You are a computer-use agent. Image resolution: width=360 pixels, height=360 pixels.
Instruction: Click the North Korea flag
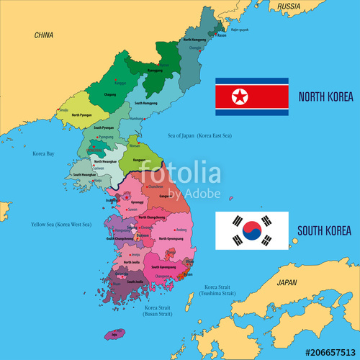252,96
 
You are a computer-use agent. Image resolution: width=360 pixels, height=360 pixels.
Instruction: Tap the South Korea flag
252,230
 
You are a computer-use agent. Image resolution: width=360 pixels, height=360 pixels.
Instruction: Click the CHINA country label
44,35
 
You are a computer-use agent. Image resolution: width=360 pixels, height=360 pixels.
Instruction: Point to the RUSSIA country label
288,6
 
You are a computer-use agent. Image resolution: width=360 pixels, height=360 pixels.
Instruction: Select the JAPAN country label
287,283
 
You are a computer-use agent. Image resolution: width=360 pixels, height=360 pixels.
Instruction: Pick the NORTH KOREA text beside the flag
324,96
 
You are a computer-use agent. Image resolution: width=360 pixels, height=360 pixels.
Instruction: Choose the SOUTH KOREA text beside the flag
324,231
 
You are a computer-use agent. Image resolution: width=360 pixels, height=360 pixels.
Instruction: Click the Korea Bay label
44,153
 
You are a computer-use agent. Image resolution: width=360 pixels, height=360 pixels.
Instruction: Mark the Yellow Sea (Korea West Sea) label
61,225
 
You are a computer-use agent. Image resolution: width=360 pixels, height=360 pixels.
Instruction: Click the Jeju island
114,335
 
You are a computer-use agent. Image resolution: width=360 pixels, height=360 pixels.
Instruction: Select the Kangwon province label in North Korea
139,160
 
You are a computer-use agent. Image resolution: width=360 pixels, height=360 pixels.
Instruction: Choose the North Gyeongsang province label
171,239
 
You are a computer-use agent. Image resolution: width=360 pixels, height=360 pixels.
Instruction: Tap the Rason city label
222,35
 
